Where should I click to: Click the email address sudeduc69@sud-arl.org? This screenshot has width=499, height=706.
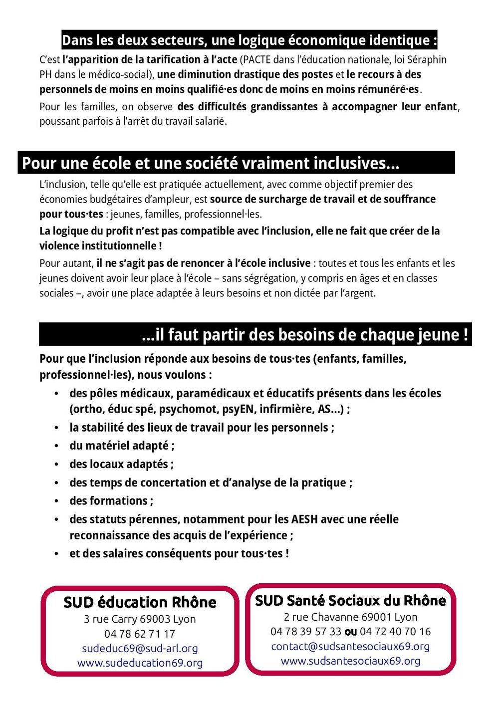(140, 649)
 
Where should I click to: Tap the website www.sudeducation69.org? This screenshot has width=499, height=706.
(140, 663)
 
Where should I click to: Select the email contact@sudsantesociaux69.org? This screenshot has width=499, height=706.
(350, 647)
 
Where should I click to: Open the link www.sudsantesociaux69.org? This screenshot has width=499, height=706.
(350, 661)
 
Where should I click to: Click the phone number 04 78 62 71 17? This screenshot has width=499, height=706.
(140, 634)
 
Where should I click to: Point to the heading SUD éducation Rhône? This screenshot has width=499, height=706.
(140, 602)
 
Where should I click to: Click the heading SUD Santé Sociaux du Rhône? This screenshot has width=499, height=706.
(350, 600)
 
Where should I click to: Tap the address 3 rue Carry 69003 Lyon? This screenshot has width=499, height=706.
(140, 619)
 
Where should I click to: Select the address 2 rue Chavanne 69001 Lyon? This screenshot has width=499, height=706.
(350, 617)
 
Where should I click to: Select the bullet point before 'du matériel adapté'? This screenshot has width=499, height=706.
(57, 446)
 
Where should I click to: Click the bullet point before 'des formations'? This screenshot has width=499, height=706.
(57, 501)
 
